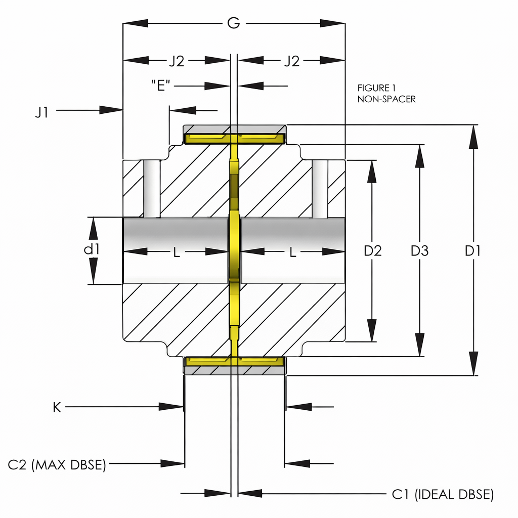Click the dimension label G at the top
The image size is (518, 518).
(233, 23)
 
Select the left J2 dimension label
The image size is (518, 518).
(176, 61)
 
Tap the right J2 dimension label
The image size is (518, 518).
(291, 61)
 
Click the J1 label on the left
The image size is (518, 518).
(42, 112)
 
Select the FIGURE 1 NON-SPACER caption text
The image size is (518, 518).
(386, 94)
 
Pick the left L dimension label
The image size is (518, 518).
(176, 253)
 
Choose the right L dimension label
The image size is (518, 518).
(292, 253)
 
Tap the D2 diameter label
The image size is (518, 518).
(373, 250)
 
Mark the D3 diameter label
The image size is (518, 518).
(419, 250)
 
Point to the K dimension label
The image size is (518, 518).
(57, 407)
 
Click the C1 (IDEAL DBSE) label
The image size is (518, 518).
(443, 494)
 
